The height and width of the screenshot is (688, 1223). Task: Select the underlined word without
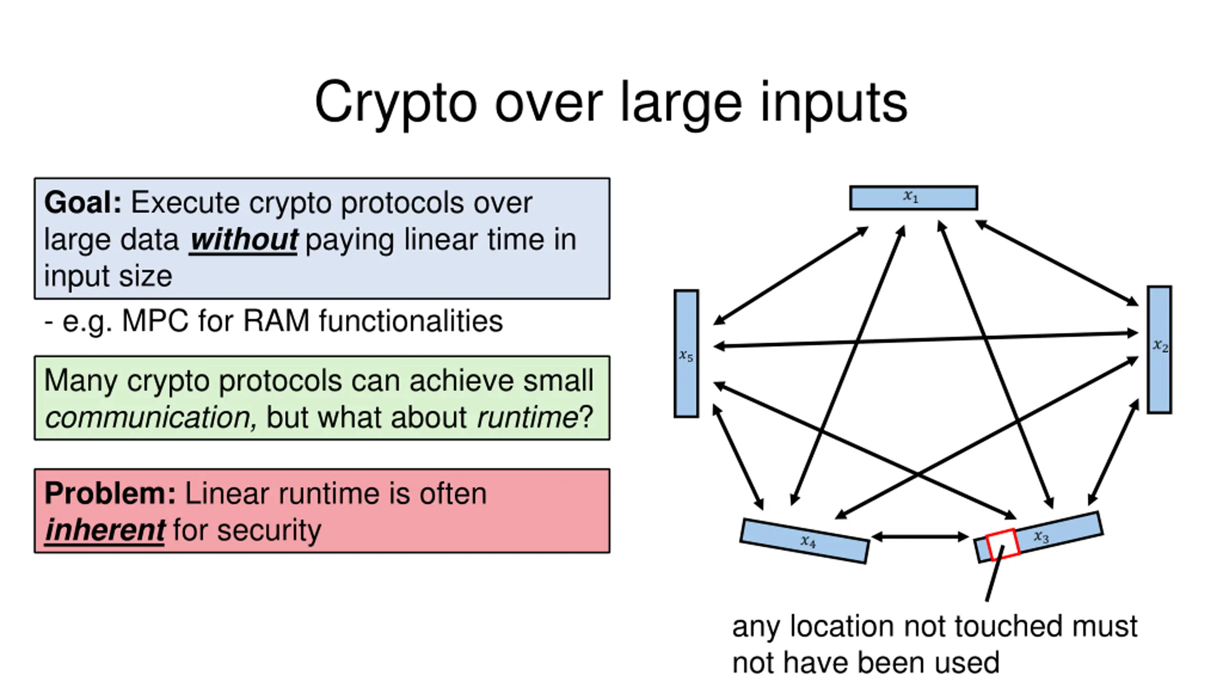click(x=244, y=239)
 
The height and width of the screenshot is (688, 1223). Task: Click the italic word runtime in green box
click(x=527, y=418)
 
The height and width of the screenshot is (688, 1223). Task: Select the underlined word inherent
click(x=105, y=530)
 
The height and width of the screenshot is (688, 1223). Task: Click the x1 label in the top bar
click(x=911, y=196)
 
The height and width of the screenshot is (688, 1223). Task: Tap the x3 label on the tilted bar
click(x=1041, y=537)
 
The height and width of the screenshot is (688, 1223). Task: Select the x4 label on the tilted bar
click(x=808, y=541)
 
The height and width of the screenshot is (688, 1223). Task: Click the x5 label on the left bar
click(x=686, y=355)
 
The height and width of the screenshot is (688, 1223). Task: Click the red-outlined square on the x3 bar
click(x=1003, y=544)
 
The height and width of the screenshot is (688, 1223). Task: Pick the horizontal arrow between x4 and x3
click(x=920, y=537)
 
